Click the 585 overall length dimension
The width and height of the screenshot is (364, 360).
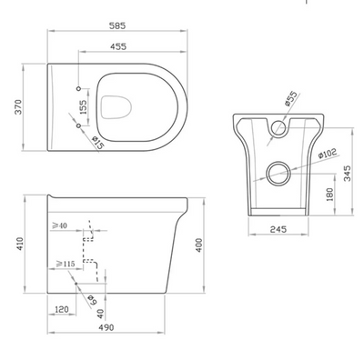[106, 15]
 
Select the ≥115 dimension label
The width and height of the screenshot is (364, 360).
[65, 265]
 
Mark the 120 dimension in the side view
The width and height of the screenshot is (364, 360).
[62, 310]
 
